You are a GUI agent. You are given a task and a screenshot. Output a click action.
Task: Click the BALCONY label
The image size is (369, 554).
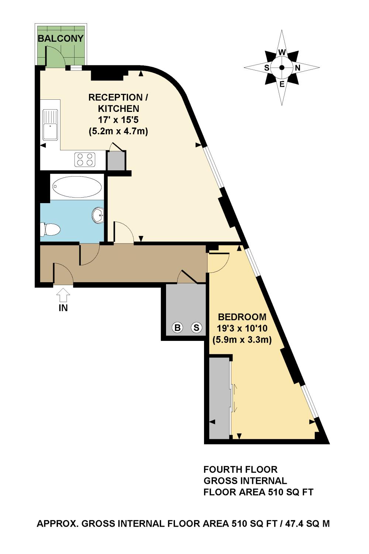pyautogui.click(x=61, y=38)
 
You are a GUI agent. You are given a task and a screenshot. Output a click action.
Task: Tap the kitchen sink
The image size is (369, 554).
pyautogui.click(x=50, y=125)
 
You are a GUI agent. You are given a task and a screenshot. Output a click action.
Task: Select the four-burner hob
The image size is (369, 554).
pyautogui.click(x=85, y=160)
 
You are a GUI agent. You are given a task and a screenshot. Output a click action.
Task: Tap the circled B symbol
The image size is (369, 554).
pyautogui.click(x=178, y=327)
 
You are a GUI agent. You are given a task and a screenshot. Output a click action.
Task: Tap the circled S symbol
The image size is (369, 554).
pyautogui.click(x=196, y=327)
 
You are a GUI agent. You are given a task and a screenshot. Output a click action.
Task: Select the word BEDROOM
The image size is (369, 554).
pyautogui.click(x=242, y=317)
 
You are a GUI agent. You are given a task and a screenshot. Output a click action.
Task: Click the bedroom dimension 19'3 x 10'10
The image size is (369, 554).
pyautogui.click(x=242, y=328)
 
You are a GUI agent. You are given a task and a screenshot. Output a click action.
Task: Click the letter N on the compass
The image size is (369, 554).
pyautogui.click(x=297, y=68)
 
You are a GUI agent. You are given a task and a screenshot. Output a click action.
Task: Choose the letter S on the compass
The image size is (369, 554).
pyautogui.click(x=266, y=68)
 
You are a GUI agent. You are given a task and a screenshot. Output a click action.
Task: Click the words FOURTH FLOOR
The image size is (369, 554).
pyautogui.click(x=240, y=469)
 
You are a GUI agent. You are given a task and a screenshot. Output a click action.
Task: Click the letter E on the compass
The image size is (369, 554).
pyautogui.click(x=282, y=84)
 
